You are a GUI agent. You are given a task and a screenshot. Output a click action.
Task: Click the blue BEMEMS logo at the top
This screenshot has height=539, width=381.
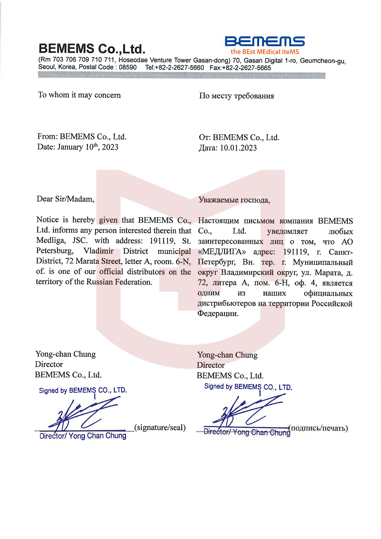click(265, 41)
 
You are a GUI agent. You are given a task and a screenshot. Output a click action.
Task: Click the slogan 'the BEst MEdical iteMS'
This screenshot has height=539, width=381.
click(265, 52)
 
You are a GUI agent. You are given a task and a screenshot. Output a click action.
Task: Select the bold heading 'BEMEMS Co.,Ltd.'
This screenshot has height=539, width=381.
click(92, 49)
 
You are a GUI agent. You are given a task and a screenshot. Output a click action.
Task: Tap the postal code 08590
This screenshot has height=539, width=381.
click(128, 68)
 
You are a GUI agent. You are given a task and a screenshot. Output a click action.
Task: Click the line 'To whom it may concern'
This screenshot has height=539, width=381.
click(79, 95)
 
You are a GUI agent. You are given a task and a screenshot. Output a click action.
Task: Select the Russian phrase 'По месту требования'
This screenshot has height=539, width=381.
click(237, 96)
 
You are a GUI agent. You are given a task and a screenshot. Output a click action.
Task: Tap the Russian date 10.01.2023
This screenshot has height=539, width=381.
click(238, 148)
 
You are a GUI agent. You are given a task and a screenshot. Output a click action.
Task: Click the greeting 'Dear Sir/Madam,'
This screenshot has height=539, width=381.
click(65, 199)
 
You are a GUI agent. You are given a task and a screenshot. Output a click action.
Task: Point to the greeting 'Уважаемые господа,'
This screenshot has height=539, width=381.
click(234, 200)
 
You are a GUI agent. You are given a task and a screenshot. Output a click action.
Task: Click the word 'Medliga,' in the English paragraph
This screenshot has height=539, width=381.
click(51, 241)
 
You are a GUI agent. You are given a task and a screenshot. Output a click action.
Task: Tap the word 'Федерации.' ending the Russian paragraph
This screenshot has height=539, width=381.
click(218, 314)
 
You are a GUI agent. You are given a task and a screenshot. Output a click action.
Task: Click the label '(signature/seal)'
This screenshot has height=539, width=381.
click(160, 428)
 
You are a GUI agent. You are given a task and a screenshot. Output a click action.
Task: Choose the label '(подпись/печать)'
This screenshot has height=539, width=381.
click(319, 428)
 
